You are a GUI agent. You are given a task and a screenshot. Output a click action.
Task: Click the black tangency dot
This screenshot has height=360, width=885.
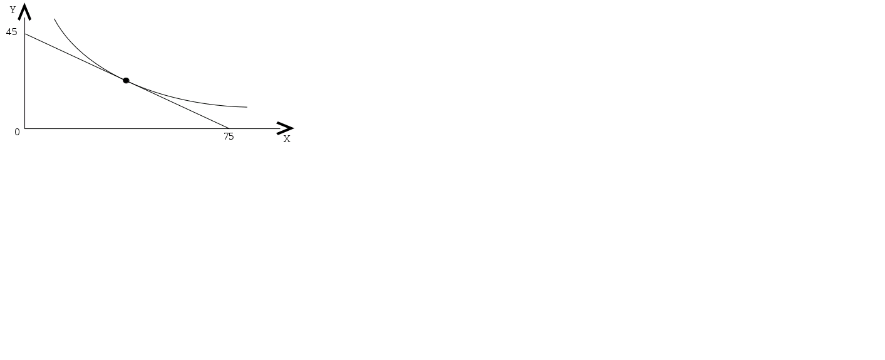126,80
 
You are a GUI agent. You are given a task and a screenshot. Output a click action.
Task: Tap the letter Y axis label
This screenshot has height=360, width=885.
13,9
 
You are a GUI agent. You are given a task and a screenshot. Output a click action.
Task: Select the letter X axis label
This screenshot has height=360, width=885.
286,139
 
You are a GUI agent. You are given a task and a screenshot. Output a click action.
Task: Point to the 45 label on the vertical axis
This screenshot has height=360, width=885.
11,31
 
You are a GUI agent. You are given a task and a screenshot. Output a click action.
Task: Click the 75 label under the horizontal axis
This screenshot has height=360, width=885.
229,136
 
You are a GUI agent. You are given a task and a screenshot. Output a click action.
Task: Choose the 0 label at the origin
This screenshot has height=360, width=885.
17,132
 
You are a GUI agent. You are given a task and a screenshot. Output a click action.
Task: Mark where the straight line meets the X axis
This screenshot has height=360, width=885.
230,129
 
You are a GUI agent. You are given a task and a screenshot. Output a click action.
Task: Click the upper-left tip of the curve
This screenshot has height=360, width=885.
54,19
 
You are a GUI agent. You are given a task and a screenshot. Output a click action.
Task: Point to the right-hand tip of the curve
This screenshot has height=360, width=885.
247,107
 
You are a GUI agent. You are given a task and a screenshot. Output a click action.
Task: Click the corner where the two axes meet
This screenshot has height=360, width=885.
25,129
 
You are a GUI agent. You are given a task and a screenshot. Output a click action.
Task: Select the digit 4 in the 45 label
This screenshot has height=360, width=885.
8,31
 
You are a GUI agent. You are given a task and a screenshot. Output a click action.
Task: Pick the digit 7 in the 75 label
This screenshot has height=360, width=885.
226,136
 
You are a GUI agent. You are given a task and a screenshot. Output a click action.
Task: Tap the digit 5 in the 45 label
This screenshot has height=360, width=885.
14,31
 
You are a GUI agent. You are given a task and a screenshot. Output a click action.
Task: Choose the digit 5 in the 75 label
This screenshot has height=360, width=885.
231,136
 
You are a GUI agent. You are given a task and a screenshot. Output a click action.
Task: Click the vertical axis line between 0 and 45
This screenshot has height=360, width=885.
25,81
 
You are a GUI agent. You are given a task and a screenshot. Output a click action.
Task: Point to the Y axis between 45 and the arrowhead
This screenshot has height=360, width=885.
25,24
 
